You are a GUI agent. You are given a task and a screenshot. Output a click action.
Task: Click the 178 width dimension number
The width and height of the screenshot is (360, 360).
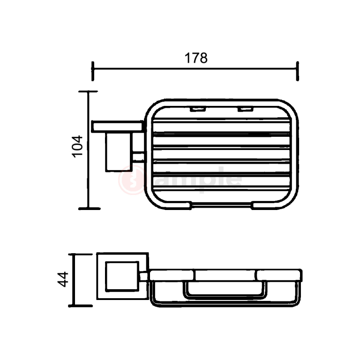pos(196,58)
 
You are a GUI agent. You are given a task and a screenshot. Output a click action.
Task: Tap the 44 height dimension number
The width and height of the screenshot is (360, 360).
pos(63,279)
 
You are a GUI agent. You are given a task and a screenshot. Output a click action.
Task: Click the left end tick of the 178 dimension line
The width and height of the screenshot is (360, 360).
pos(92,71)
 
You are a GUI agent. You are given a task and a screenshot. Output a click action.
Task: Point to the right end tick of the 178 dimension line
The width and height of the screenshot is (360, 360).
pos(298,71)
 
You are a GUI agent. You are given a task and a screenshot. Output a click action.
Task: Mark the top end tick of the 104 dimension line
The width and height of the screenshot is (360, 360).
pos(88,91)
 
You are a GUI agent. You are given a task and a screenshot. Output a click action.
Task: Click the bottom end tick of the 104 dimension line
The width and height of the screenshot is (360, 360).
pos(90,209)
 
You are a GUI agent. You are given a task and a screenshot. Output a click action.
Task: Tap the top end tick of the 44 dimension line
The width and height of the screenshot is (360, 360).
pos(80,255)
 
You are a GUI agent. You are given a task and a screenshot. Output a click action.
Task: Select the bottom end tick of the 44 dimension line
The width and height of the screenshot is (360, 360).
pos(80,306)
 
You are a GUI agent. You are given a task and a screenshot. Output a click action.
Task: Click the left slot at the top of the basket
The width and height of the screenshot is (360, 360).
pos(198,109)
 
